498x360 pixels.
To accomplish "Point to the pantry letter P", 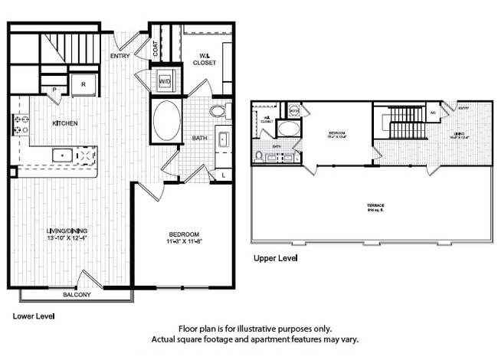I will (x=54, y=90).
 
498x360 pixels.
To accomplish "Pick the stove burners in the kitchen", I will (x=18, y=125).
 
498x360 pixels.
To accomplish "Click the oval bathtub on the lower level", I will (x=166, y=121).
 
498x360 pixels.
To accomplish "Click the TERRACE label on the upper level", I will (x=375, y=206).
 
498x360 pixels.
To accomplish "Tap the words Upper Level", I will (x=275, y=259).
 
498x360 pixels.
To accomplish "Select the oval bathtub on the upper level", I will (x=289, y=128).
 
